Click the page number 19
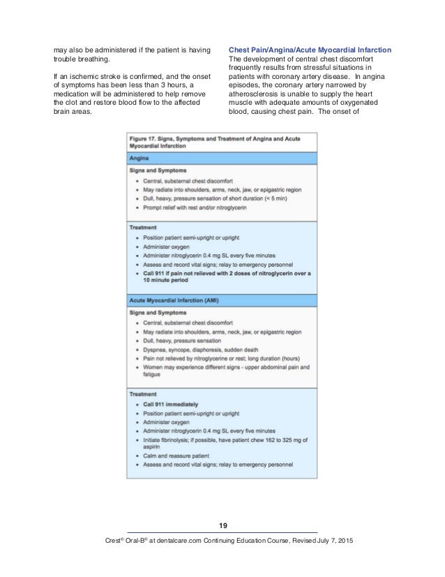(x=222, y=525)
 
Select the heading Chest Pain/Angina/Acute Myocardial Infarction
(x=310, y=49)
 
